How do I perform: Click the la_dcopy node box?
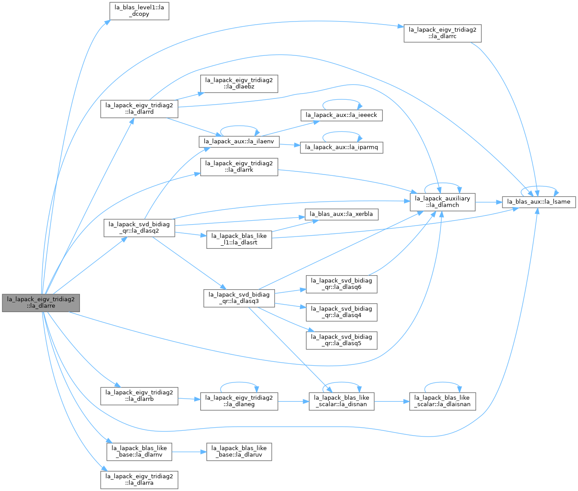click(x=139, y=11)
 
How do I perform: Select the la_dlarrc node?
click(x=442, y=33)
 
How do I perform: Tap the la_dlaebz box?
click(x=239, y=84)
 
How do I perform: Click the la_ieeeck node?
click(x=341, y=115)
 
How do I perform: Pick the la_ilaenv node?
click(x=239, y=142)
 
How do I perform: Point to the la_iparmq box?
click(x=341, y=147)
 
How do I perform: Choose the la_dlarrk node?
click(x=239, y=167)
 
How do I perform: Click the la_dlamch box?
click(x=442, y=202)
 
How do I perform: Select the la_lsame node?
click(x=538, y=202)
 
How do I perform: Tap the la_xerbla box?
click(x=341, y=214)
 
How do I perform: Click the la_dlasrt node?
click(x=239, y=239)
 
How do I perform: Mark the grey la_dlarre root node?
click(x=41, y=302)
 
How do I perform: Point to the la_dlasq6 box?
click(x=341, y=284)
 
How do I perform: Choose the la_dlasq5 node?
click(x=341, y=340)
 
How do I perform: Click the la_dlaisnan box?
click(x=442, y=401)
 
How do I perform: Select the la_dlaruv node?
click(x=239, y=452)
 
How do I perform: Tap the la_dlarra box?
click(x=139, y=480)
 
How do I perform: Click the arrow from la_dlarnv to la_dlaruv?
click(x=189, y=452)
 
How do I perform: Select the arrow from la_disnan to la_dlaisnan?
click(x=392, y=401)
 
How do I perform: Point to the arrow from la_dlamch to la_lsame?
click(x=488, y=202)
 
